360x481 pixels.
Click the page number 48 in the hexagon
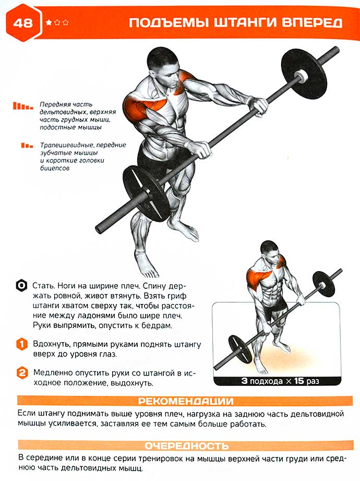click(x=23, y=24)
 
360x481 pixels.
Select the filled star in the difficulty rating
click(x=49, y=22)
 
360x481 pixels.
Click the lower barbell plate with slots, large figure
click(x=146, y=193)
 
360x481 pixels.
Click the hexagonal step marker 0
click(x=21, y=286)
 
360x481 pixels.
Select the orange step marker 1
click(x=22, y=344)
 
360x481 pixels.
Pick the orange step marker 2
click(x=22, y=373)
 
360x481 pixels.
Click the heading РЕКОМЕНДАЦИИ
click(x=186, y=401)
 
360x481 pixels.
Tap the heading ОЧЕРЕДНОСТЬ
click(x=187, y=445)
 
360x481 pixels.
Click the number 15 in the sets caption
click(x=299, y=381)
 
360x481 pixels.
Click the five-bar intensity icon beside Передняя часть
click(x=23, y=106)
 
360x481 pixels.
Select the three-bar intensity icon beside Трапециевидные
click(x=27, y=145)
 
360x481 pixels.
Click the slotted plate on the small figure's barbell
click(x=241, y=349)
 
